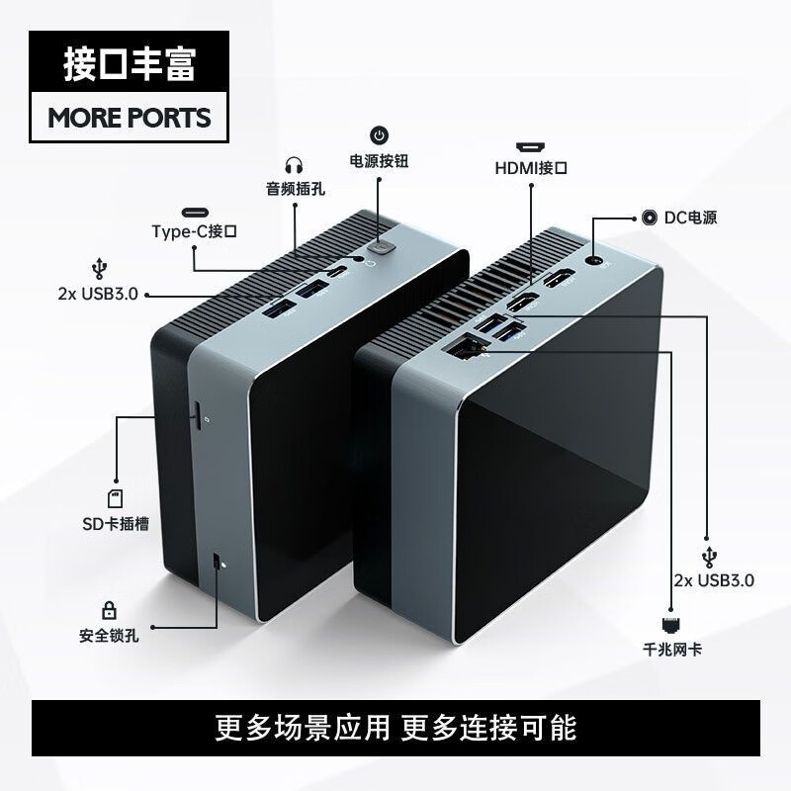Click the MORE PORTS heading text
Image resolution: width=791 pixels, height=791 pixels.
coord(130,118)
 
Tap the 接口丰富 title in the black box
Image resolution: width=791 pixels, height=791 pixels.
coord(130,64)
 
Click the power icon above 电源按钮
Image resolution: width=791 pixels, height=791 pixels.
coord(380,135)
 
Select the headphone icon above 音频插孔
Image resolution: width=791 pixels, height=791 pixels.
coord(294,165)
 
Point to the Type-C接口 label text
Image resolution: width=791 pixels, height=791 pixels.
coord(194,231)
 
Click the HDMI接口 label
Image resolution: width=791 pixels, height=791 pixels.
coord(531,168)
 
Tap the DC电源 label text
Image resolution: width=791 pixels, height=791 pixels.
coord(690,218)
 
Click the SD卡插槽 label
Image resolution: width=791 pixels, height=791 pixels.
coord(116,524)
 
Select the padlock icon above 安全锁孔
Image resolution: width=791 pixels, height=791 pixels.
coord(109,610)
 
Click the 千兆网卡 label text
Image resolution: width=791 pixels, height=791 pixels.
coord(672,649)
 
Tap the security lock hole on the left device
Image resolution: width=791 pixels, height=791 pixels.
coord(216,562)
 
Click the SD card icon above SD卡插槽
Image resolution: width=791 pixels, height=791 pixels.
coord(116,498)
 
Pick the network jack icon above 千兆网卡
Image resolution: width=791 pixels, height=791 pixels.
coord(672,625)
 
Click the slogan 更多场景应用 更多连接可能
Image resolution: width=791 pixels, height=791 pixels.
coord(396,728)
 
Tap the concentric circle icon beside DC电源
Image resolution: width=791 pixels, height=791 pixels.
coord(650,218)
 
